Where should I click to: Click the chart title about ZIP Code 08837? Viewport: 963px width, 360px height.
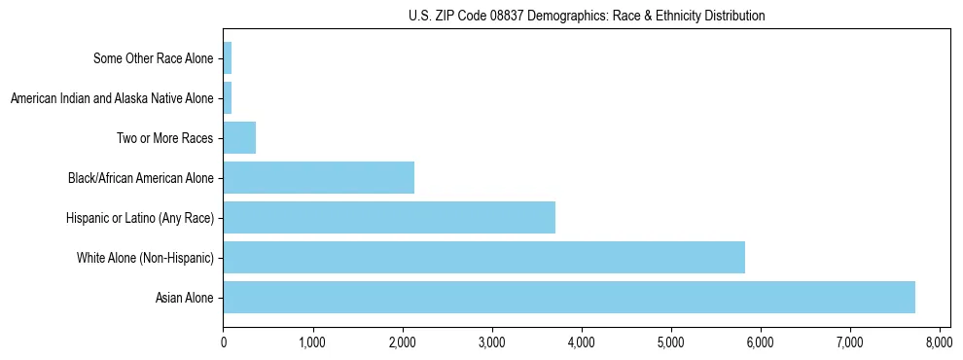pos(587,16)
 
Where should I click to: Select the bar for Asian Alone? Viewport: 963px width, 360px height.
pos(569,298)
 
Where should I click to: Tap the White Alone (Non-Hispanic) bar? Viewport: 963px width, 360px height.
pos(483,258)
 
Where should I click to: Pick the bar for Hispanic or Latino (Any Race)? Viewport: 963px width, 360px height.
pos(389,218)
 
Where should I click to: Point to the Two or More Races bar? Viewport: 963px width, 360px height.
pos(239,138)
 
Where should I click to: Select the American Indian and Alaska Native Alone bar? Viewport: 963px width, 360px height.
pos(228,98)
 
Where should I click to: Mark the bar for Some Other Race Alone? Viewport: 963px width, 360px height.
pos(228,58)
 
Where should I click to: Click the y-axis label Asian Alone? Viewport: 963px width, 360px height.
pos(184,298)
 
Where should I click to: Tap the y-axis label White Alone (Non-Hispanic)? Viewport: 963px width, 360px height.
pos(145,258)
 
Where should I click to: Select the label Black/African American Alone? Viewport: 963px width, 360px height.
pos(141,178)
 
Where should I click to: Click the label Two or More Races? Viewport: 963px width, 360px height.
pos(165,138)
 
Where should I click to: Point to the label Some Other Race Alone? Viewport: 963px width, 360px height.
pos(153,58)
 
